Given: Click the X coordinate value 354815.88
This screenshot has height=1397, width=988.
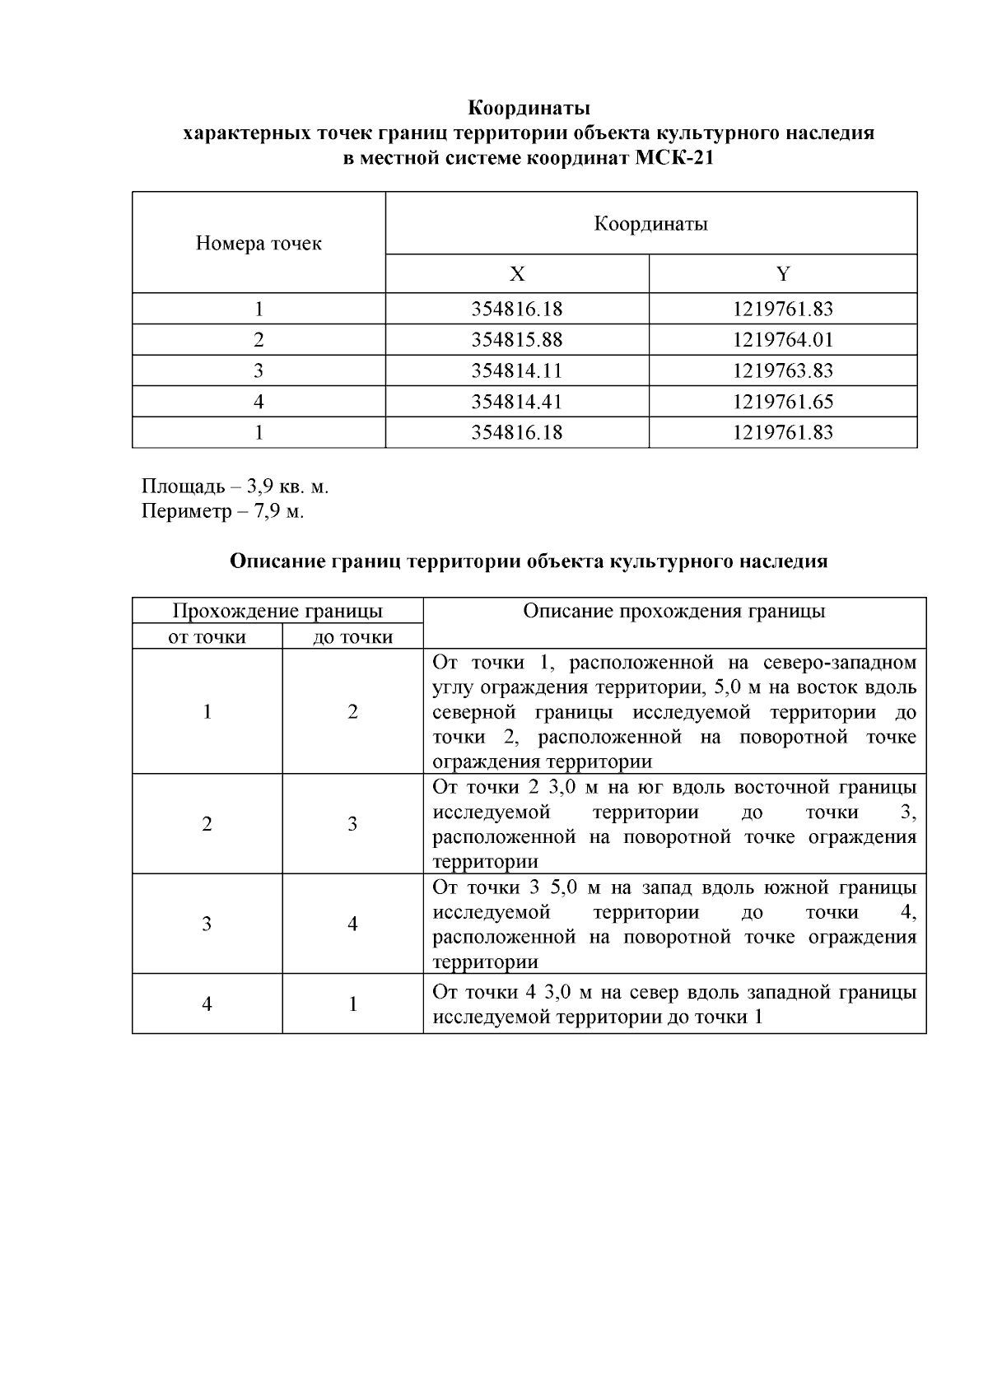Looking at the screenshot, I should click(516, 340).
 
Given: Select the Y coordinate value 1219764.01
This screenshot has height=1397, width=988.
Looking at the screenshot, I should click(783, 340).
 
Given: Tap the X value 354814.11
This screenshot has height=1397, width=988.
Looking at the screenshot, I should click(516, 371).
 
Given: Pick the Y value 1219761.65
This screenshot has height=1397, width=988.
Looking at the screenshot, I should click(783, 402).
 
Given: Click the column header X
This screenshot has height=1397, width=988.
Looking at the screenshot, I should click(516, 274).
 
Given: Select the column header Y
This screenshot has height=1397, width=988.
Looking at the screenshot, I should click(783, 274).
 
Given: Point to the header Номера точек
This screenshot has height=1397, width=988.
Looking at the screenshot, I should click(259, 244).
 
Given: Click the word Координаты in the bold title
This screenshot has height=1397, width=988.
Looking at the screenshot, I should click(529, 108).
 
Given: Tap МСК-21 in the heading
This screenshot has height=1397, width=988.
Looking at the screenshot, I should click(674, 159).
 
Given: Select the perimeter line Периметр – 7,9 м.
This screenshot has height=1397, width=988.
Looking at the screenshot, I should click(222, 511).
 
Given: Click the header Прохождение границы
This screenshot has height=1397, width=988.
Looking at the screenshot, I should click(277, 612).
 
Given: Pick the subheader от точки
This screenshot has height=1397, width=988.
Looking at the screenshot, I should click(207, 637).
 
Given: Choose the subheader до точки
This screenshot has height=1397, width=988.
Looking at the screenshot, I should click(352, 637).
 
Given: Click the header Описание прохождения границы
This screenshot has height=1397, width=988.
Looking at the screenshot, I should click(674, 612).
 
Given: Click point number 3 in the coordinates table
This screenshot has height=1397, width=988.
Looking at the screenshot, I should click(259, 371).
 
